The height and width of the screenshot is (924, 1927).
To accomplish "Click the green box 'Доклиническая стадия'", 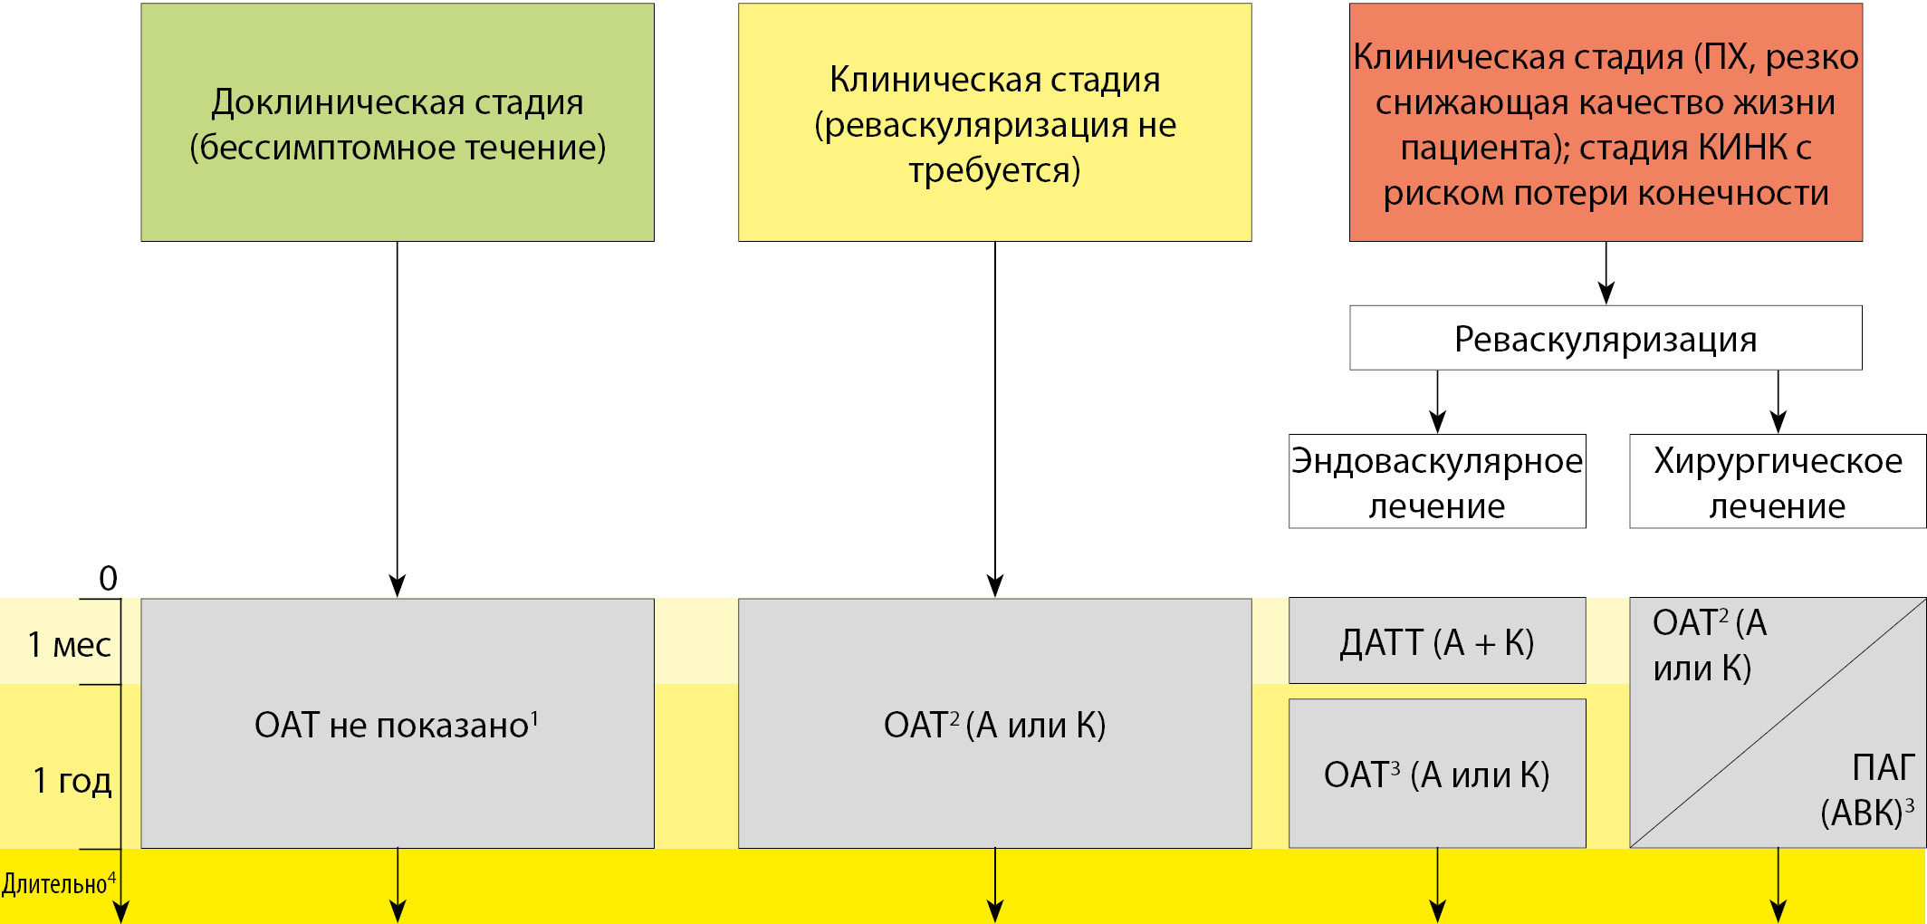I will (397, 122).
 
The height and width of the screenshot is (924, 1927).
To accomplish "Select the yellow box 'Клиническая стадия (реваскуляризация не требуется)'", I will (994, 122).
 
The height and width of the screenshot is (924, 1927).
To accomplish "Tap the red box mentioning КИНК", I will (1605, 122).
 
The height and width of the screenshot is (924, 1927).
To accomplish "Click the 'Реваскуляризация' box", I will (1605, 338).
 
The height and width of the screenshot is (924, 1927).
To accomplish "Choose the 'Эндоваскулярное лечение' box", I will (1436, 482).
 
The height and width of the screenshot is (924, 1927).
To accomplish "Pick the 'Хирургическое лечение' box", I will (1777, 482).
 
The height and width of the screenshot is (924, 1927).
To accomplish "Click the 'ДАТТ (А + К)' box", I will (1436, 641).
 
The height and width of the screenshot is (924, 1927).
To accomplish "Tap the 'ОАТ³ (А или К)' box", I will (1436, 775).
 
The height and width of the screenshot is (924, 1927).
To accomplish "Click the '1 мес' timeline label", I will (69, 645).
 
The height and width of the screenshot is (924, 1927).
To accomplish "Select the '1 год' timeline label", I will (72, 780).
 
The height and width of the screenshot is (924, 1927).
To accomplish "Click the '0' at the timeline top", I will (108, 578).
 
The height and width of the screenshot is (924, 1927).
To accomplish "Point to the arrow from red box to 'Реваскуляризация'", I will (1606, 273).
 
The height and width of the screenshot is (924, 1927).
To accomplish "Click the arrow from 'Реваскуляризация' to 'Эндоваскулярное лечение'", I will (1437, 401).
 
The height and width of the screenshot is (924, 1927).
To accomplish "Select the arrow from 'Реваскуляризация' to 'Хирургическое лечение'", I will (1778, 401).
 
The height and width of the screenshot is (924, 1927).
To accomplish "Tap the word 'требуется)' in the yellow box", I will (994, 170).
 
